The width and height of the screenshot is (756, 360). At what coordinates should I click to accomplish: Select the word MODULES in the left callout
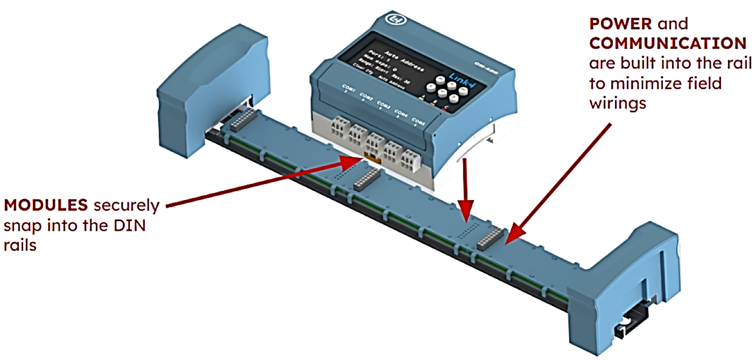click(46, 206)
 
